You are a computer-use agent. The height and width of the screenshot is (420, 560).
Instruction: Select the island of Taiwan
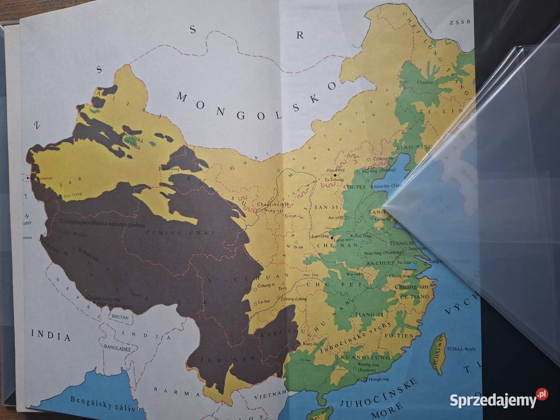click(437, 353)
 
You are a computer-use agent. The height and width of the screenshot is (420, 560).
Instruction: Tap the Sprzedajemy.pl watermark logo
click(498, 399)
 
